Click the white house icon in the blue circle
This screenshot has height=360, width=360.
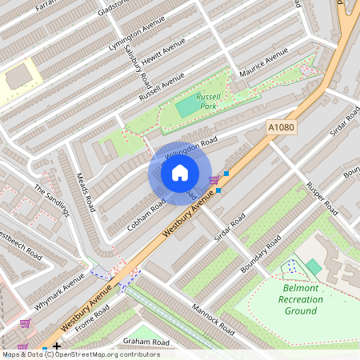coord(179,173)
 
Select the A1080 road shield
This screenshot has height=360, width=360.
coord(281,126)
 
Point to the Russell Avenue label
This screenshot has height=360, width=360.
coord(161,86)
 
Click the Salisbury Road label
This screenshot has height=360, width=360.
coord(138,67)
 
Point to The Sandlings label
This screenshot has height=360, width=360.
coord(51,200)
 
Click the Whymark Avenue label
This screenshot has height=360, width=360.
coord(59,292)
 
